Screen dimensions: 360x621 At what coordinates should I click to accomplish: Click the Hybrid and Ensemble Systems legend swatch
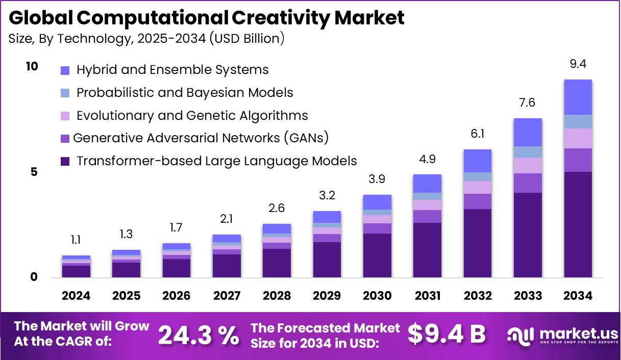(x=64, y=70)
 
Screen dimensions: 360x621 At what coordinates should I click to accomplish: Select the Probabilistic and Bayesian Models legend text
(x=185, y=93)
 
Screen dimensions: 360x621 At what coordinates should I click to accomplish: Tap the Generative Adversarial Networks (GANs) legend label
(x=201, y=138)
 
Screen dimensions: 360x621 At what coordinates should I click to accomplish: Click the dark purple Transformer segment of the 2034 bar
(x=578, y=224)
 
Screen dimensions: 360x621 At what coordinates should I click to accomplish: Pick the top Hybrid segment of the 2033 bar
(x=528, y=132)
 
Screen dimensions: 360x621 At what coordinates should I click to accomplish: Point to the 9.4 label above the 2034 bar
(x=578, y=64)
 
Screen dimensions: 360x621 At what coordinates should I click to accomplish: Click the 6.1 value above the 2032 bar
(x=477, y=134)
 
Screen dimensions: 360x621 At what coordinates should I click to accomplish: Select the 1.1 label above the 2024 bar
(x=76, y=240)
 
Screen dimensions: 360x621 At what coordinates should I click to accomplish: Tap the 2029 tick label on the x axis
(x=327, y=296)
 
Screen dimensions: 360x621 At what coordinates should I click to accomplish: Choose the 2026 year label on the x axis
(x=177, y=296)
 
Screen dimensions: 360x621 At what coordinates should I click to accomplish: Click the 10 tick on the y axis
(x=32, y=66)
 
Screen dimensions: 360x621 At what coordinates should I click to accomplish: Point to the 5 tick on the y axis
(x=34, y=172)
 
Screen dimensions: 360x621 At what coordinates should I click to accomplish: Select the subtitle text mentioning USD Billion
(x=146, y=38)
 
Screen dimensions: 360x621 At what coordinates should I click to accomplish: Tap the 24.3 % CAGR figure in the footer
(x=198, y=335)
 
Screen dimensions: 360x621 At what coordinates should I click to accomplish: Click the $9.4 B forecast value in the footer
(x=446, y=334)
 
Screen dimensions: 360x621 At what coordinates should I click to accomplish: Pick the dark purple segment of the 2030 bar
(x=377, y=255)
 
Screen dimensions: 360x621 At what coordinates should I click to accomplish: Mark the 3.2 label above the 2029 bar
(x=327, y=195)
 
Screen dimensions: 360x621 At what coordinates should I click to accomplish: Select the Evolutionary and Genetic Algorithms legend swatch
(x=64, y=116)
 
